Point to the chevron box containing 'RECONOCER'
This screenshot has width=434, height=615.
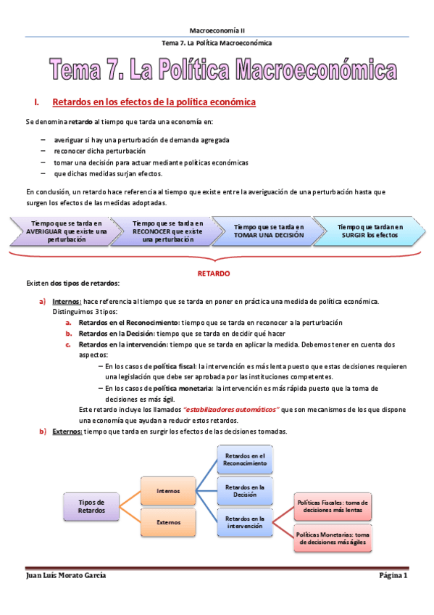(168, 231)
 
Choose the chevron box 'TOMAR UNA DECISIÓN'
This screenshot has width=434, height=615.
(269, 231)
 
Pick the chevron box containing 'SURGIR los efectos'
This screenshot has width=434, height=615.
(370, 231)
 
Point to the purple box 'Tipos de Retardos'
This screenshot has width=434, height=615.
(91, 505)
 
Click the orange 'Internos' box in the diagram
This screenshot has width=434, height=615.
(168, 491)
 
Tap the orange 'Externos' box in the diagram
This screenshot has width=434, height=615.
(168, 521)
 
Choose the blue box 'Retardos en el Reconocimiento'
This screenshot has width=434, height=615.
(246, 458)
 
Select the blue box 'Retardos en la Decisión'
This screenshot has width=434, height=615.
(246, 490)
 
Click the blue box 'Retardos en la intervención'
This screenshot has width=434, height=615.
(246, 523)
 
